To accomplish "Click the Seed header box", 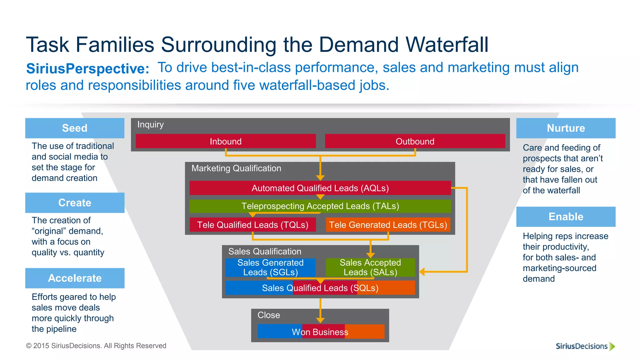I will [x=75, y=128].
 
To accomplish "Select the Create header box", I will [x=75, y=203].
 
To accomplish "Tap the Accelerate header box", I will [x=75, y=278].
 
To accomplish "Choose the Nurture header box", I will [x=566, y=128].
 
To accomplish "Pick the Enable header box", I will [x=566, y=217].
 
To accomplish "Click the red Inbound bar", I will [x=226, y=141].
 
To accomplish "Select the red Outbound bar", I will [x=415, y=141].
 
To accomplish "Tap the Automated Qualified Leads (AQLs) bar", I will [x=320, y=188].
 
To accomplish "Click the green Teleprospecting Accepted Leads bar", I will [x=320, y=206].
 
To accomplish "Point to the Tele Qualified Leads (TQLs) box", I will [x=252, y=225].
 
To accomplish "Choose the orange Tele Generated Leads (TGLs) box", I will [x=388, y=225].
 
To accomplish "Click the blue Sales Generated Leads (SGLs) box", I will [x=270, y=267].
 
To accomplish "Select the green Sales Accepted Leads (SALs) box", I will [x=370, y=267].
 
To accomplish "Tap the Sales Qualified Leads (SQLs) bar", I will [x=320, y=288].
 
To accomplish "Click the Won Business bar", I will [x=320, y=332].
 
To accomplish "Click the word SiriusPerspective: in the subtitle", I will [x=87, y=68].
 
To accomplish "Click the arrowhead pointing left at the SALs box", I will [x=422, y=272].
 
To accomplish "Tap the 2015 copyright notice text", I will [x=96, y=346].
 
